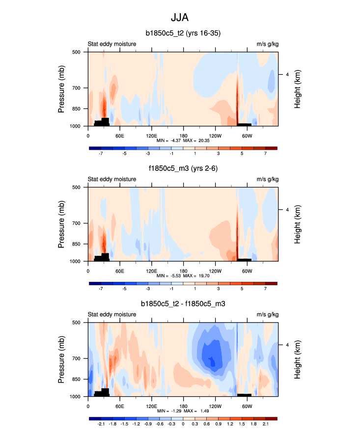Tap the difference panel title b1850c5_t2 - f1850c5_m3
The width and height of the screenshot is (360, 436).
click(x=183, y=304)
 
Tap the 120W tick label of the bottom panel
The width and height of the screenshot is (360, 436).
click(x=215, y=406)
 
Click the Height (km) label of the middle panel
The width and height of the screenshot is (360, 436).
click(x=298, y=224)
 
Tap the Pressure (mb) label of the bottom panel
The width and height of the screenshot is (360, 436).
click(x=62, y=359)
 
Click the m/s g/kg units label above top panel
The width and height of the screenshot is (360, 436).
click(x=267, y=44)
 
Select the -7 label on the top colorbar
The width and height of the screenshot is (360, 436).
click(x=101, y=153)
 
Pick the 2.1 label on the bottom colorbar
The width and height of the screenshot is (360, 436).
click(x=265, y=424)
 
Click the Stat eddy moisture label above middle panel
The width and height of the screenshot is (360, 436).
click(x=112, y=179)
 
